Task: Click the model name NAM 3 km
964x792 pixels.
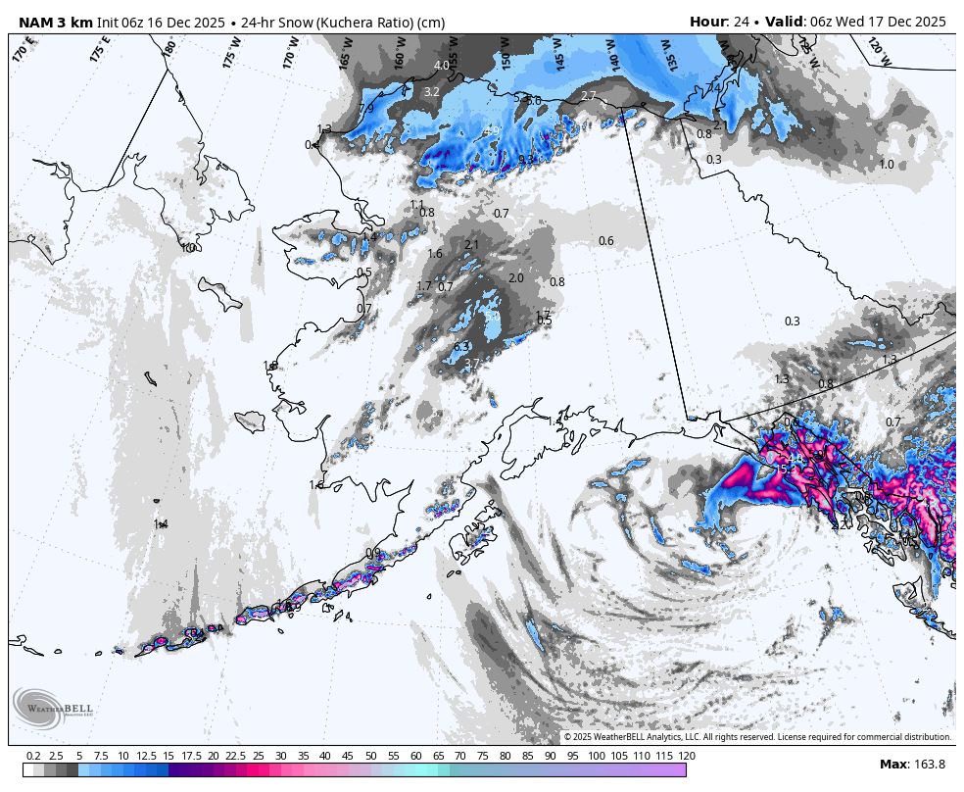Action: (55, 22)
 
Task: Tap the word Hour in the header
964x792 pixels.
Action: (707, 22)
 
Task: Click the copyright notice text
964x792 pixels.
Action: (757, 737)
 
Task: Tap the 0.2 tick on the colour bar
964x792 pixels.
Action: (32, 756)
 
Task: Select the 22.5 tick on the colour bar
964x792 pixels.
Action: (235, 756)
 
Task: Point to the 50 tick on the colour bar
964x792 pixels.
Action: (371, 756)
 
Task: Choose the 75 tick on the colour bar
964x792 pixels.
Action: (483, 756)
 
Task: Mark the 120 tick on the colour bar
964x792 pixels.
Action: (686, 756)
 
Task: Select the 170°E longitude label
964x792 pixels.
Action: (24, 49)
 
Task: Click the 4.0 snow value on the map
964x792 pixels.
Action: (442, 66)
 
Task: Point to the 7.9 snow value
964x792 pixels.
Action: (366, 108)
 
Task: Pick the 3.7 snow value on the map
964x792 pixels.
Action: (471, 364)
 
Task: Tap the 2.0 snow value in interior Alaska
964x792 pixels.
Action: (516, 278)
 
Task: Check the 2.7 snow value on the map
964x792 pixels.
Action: (589, 95)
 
